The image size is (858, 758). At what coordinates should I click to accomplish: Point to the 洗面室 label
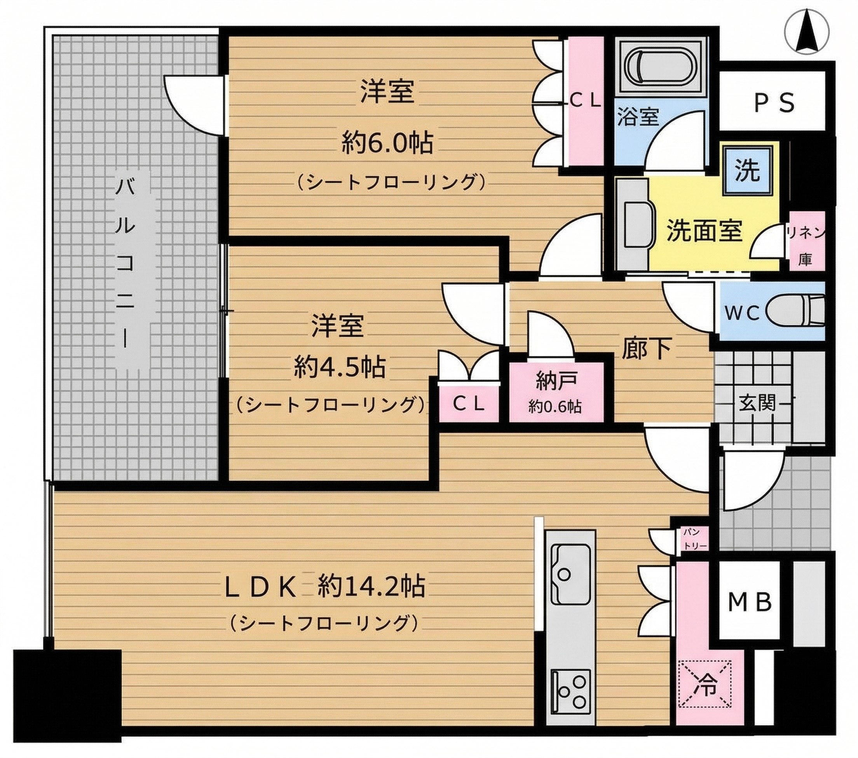pos(705,231)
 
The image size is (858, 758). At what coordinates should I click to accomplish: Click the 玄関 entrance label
pos(757,403)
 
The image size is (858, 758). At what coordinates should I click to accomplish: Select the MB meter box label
pos(750,602)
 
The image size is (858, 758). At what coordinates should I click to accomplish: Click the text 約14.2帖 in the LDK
pos(371,586)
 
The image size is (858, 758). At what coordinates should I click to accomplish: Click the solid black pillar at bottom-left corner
pos(67,689)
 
